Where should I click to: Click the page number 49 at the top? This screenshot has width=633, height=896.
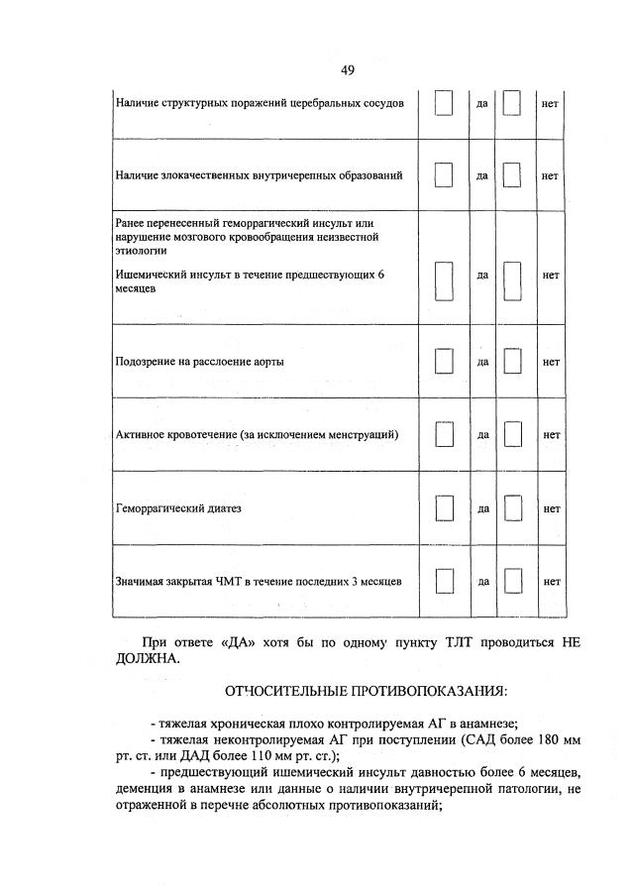coord(347,69)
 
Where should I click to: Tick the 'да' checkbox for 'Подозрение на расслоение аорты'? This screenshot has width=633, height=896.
coord(444,362)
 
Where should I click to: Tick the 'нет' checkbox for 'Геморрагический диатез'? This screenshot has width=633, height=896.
coord(511,508)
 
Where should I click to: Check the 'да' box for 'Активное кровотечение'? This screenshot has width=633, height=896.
coord(444,435)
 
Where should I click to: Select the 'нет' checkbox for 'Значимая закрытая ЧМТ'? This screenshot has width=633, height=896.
coord(511,581)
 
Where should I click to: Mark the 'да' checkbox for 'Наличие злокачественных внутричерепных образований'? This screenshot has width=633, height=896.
coord(444,175)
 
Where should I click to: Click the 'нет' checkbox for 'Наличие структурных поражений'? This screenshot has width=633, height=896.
coord(511,103)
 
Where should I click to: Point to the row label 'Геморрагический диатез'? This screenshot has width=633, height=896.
coord(178,508)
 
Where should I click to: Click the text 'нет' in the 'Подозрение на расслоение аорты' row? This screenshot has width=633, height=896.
coord(551,362)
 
